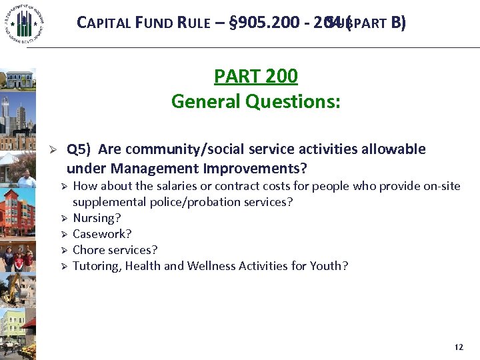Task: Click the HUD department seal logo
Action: point(23,24)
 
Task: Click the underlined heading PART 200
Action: point(255,76)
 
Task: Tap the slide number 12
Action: point(458,347)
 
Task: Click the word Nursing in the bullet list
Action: point(94,218)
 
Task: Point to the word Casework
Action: point(101,234)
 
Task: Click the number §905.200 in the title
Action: point(263,23)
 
